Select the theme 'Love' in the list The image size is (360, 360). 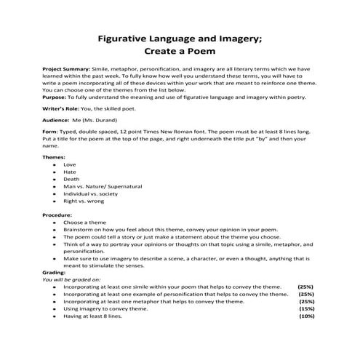[71, 164]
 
